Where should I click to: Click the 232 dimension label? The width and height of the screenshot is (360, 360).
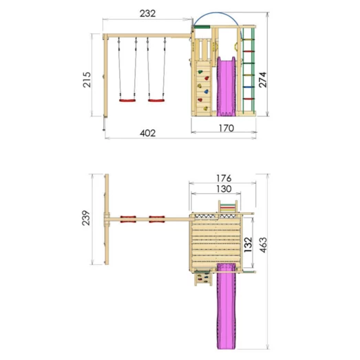pyautogui.click(x=147, y=13)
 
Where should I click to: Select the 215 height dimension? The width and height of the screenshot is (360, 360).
pyautogui.click(x=87, y=79)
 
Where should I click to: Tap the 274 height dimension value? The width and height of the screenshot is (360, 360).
pyautogui.click(x=263, y=79)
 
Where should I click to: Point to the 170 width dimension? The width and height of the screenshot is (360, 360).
pyautogui.click(x=226, y=128)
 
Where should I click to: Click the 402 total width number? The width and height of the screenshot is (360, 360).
pyautogui.click(x=147, y=133)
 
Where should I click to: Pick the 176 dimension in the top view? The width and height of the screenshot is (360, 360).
pyautogui.click(x=224, y=178)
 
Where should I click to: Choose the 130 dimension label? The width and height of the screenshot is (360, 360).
pyautogui.click(x=224, y=189)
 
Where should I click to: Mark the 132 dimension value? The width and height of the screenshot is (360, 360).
pyautogui.click(x=248, y=245)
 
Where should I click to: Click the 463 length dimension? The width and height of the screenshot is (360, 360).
pyautogui.click(x=263, y=245)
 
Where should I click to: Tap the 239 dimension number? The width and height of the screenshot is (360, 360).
pyautogui.click(x=86, y=218)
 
